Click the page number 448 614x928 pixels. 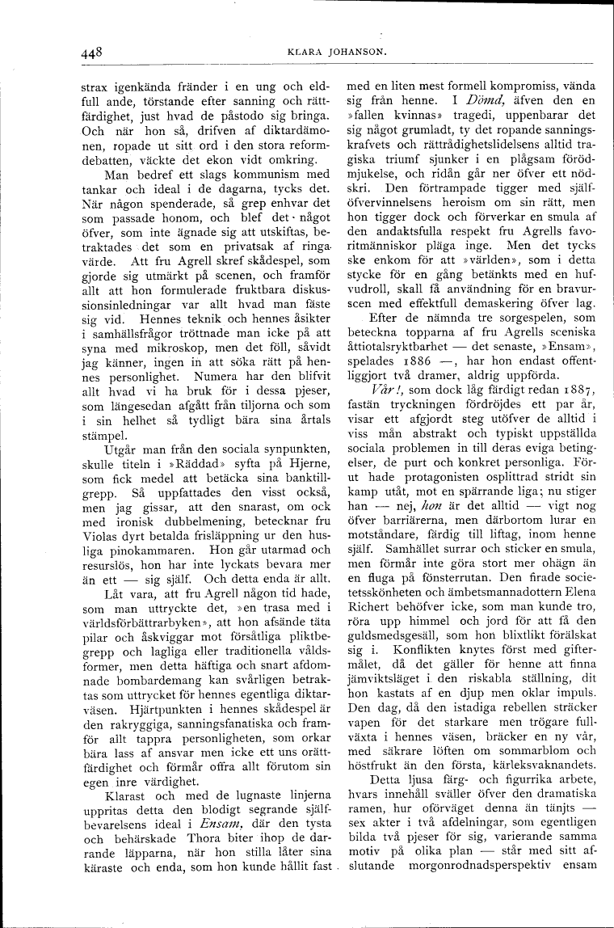[91, 53]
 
